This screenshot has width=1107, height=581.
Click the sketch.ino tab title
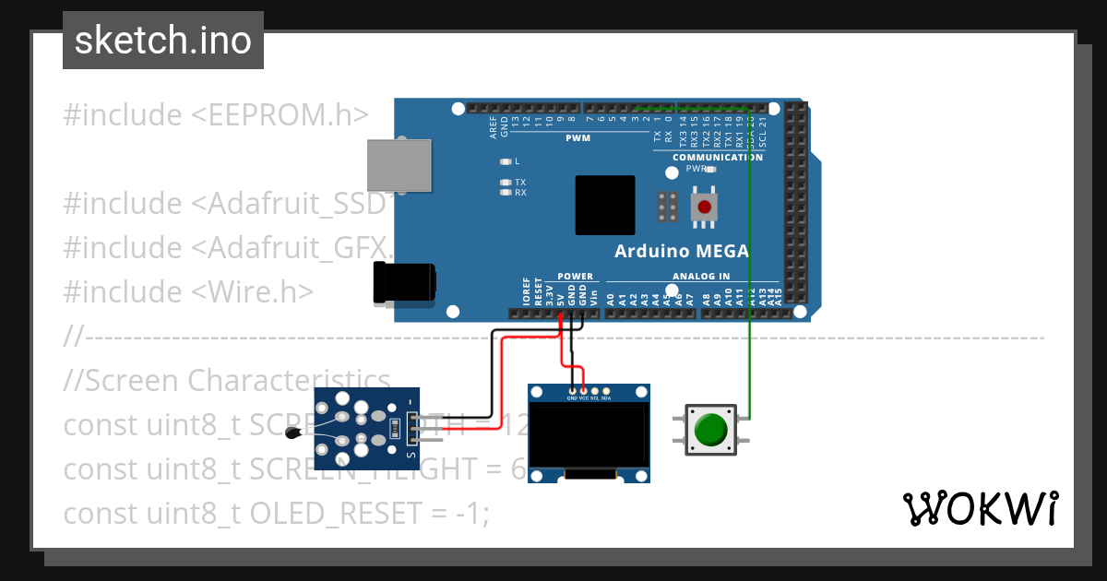[x=163, y=41]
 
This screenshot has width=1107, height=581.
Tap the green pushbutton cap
[x=710, y=430]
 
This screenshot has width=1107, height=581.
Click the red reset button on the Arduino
[x=705, y=207]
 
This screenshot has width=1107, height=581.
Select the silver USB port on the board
[x=399, y=166]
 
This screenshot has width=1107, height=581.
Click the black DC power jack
[x=404, y=282]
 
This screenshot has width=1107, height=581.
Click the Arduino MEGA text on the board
[x=682, y=251]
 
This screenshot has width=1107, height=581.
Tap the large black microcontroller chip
[x=604, y=205]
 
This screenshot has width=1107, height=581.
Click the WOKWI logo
[x=980, y=508]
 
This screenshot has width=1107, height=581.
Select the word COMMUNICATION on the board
[x=717, y=157]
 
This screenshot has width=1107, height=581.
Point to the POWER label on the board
[x=576, y=276]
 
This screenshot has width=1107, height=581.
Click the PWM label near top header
[x=577, y=137]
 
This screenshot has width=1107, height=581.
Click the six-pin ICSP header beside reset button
[x=669, y=207]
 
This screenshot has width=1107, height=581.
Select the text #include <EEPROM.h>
[x=216, y=114]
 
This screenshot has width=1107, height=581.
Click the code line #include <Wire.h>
[x=188, y=291]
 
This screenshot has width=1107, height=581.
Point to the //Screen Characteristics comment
[x=227, y=380]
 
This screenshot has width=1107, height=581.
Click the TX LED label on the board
[x=520, y=183]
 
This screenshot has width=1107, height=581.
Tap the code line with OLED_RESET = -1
[x=275, y=513]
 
